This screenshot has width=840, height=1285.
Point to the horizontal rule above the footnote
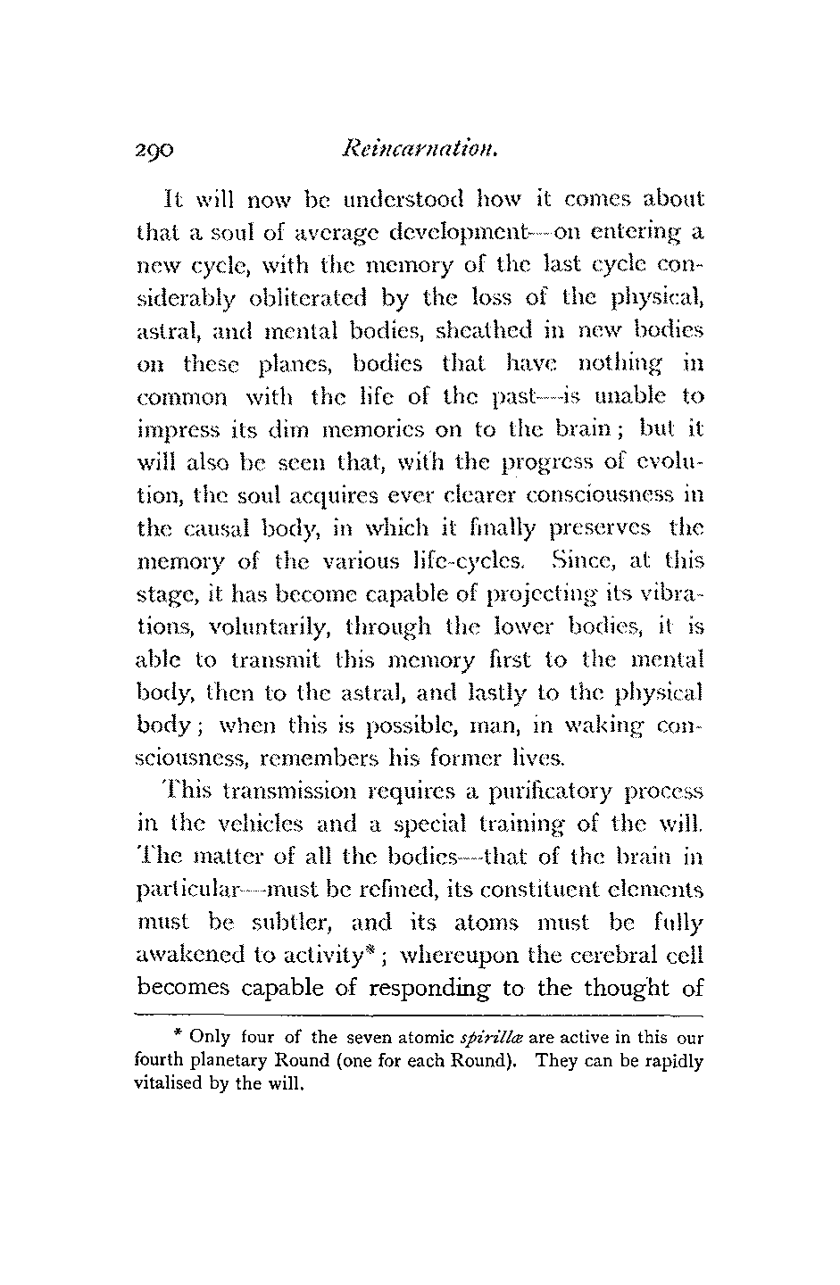(419, 1016)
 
